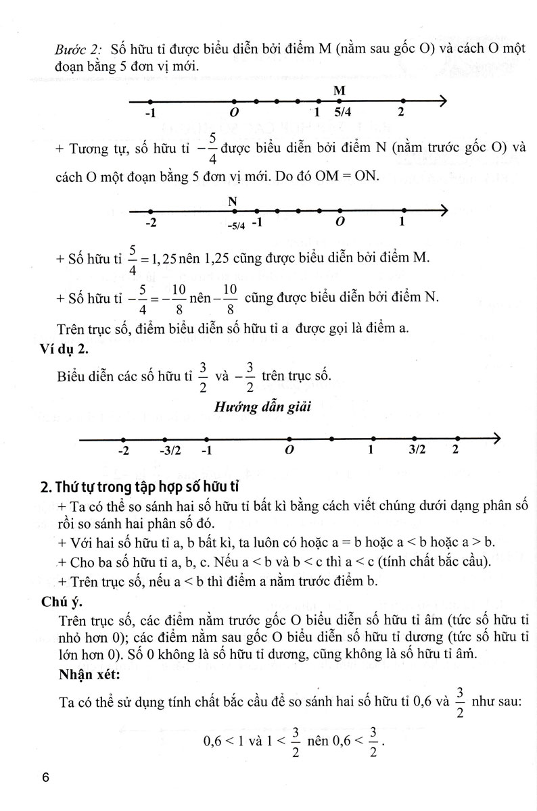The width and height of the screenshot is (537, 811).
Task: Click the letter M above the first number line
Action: (340, 90)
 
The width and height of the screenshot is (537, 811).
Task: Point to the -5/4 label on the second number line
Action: (236, 224)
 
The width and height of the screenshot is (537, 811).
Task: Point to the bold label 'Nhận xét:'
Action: (89, 672)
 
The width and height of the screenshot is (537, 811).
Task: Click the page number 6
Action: (46, 777)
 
